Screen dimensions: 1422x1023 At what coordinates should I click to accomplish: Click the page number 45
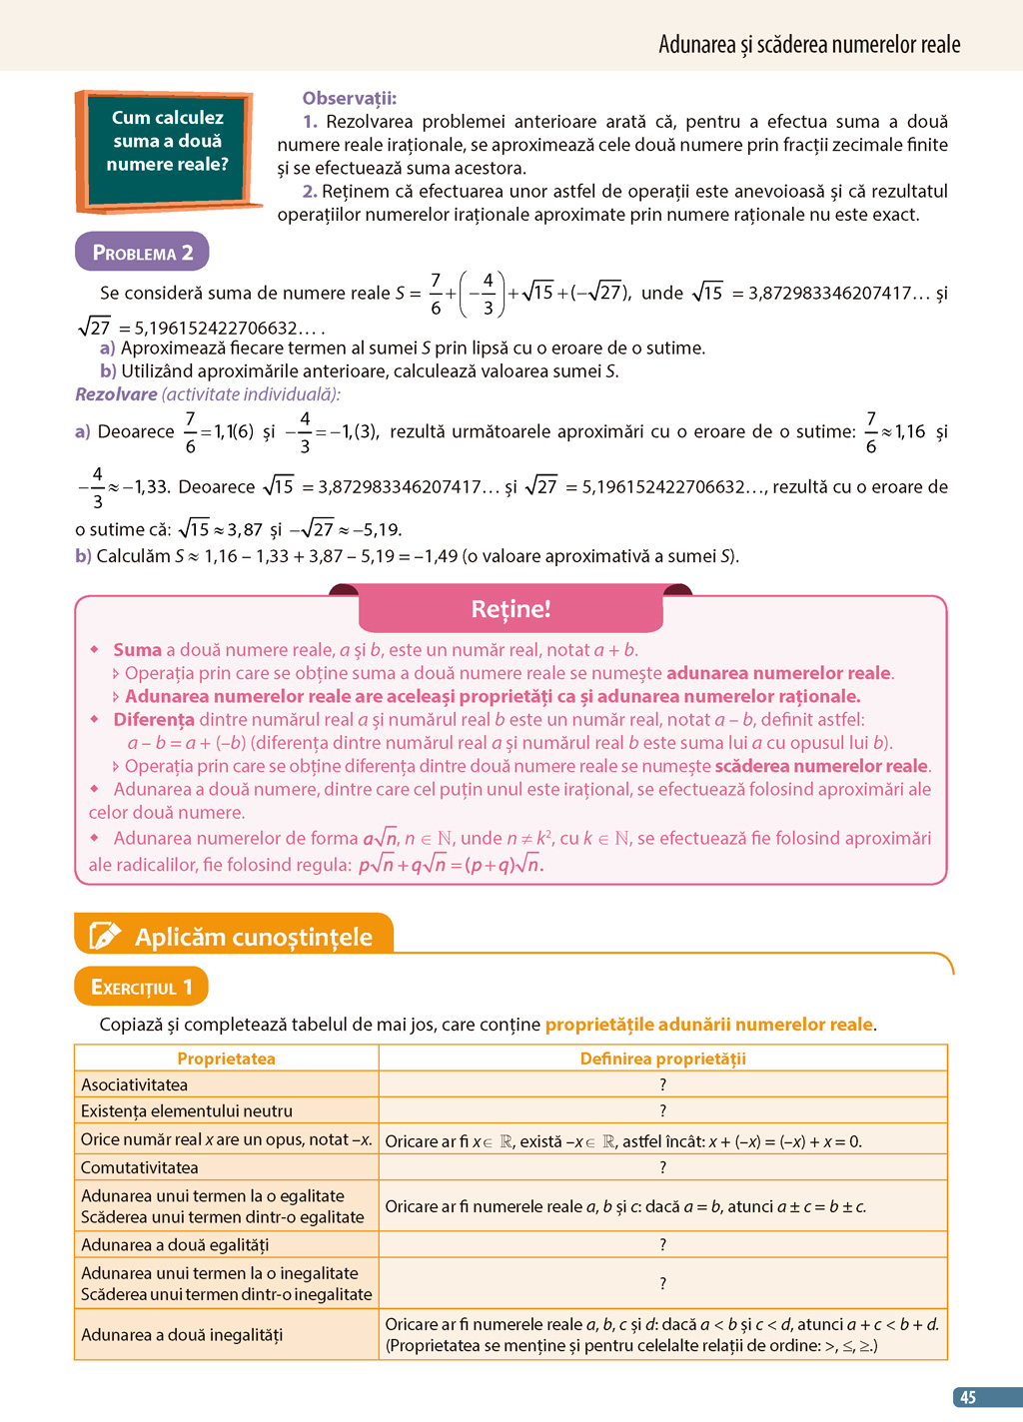(967, 1397)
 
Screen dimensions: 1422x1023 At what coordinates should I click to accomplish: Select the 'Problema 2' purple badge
(142, 253)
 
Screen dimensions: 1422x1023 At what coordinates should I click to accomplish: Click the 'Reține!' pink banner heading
(511, 609)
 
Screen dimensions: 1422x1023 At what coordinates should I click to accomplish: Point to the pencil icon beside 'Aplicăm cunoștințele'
(105, 936)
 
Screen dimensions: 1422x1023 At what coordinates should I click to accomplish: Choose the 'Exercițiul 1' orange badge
(141, 987)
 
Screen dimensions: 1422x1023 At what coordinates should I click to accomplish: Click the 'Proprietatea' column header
(226, 1059)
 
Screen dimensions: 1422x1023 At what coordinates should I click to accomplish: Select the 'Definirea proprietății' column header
(662, 1059)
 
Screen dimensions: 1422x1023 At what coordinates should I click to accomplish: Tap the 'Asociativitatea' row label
(135, 1084)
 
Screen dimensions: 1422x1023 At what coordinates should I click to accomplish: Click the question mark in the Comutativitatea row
(662, 1167)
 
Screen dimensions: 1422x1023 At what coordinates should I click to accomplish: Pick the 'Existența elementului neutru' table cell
(187, 1110)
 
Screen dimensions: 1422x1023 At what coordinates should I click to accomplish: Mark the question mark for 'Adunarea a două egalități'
(662, 1244)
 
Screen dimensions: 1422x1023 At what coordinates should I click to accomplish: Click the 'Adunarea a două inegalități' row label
(182, 1334)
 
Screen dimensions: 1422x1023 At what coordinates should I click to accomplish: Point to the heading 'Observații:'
(350, 98)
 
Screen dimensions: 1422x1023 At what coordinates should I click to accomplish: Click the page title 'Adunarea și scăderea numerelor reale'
(809, 44)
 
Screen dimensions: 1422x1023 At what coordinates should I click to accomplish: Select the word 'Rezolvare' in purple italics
(116, 394)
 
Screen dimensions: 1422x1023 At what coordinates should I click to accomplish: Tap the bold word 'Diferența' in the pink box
(154, 719)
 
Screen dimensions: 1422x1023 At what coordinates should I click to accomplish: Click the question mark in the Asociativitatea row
(662, 1084)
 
